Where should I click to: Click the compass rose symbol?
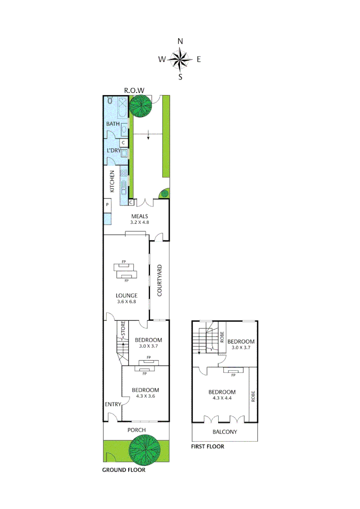180,59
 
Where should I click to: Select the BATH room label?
113,124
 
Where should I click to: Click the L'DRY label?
114,150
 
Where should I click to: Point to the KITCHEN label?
113,181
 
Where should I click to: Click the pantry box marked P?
108,205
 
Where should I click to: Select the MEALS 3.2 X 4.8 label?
140,220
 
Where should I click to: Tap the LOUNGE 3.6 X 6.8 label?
126,299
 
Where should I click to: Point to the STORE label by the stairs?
123,331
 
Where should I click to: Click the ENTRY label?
113,404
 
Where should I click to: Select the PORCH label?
137,430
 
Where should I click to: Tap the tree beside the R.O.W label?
140,106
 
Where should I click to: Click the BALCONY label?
225,432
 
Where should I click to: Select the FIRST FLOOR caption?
208,446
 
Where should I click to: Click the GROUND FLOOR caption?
124,470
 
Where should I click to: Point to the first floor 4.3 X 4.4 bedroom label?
222,395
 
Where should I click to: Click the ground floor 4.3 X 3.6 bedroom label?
145,393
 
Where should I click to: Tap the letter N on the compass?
180,41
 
